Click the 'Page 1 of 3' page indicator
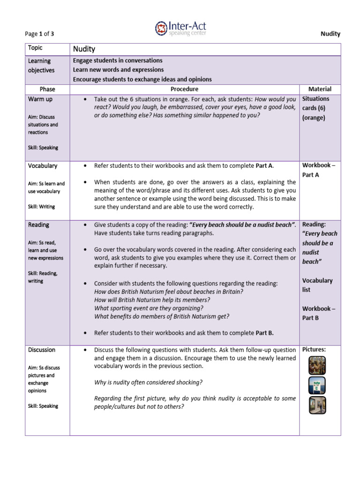click(x=40, y=34)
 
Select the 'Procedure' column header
click(x=184, y=89)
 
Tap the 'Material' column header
click(x=320, y=89)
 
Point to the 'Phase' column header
click(x=47, y=89)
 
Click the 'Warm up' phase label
click(x=40, y=99)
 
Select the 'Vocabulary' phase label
click(x=43, y=166)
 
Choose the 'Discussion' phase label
click(x=42, y=350)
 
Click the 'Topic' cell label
click(x=35, y=48)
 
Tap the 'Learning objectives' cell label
click(x=41, y=66)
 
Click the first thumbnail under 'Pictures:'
click(x=317, y=366)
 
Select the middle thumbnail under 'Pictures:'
click(x=317, y=385)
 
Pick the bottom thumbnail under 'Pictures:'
click(x=317, y=405)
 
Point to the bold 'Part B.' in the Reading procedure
click(x=264, y=333)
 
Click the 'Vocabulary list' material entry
click(x=317, y=285)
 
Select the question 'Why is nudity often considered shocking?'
click(x=148, y=382)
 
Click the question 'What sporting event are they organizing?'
click(x=149, y=308)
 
